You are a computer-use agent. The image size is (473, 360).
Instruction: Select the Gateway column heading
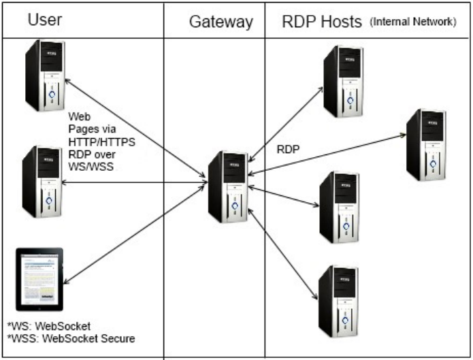coord(221,22)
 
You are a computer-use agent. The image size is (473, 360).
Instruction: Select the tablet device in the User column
coord(39,278)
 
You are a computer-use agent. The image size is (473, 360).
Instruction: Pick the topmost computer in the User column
coord(44,75)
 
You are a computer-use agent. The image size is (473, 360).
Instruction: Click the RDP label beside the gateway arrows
coord(290,149)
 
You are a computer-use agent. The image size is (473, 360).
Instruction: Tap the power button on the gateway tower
coord(234,204)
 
